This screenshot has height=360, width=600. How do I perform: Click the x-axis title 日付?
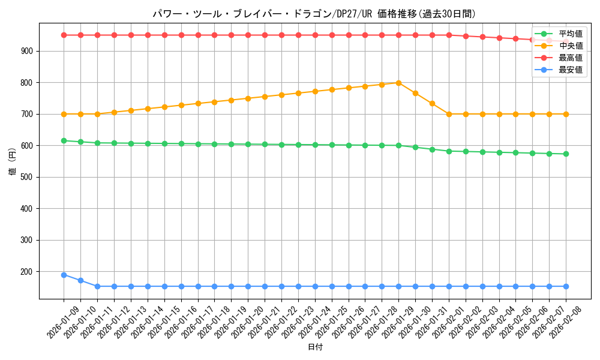point(315,347)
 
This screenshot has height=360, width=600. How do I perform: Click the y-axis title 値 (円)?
point(13,162)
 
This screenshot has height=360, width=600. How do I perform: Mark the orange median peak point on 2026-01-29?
point(398,83)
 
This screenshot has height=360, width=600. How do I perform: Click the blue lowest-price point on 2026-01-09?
point(64,275)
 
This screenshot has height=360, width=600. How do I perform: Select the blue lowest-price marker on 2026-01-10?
point(80,280)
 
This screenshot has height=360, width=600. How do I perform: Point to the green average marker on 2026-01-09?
point(64,140)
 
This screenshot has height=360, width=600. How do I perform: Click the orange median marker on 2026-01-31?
point(432,103)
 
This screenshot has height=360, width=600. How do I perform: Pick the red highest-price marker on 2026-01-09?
point(64,35)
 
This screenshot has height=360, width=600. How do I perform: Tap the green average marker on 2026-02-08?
point(566,154)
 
